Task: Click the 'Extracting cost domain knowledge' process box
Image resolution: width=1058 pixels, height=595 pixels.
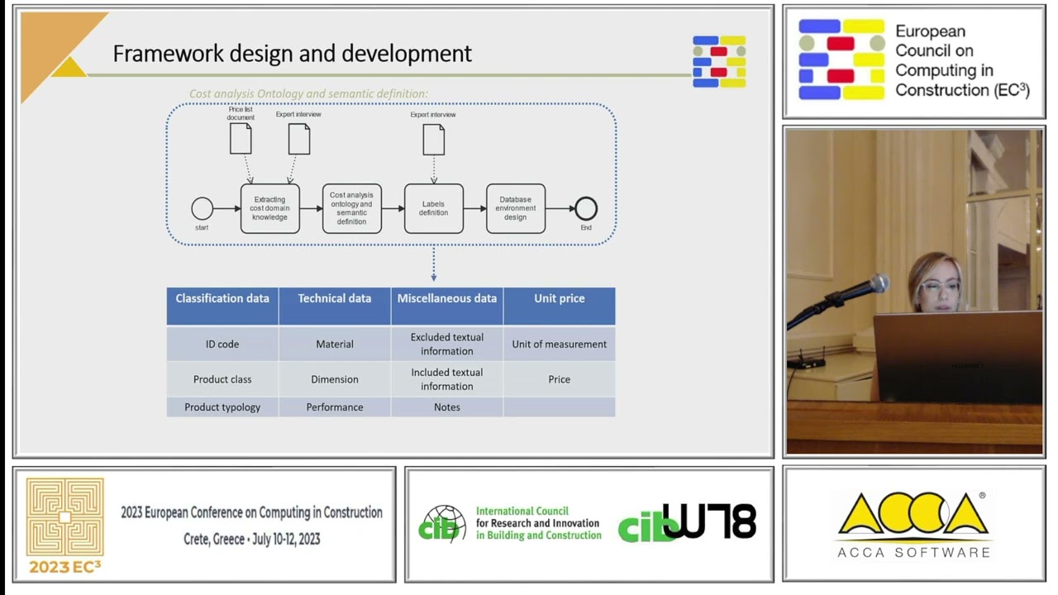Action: [x=269, y=208]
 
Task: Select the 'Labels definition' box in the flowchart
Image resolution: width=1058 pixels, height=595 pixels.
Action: [x=433, y=208]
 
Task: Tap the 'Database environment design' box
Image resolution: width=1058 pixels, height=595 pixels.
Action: [x=515, y=208]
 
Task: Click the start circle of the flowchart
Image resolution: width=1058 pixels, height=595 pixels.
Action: [x=202, y=208]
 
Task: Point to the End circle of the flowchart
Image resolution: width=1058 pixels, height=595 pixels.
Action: [x=585, y=208]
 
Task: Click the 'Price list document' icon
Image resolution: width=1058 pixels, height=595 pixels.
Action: [x=241, y=138]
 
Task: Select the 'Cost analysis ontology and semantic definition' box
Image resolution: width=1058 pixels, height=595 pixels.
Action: [x=351, y=208]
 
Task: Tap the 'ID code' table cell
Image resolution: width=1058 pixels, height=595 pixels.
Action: [x=222, y=344]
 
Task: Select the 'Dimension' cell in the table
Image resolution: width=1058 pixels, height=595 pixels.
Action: [x=335, y=379]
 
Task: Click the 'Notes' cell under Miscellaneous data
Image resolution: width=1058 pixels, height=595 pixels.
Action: [x=446, y=407]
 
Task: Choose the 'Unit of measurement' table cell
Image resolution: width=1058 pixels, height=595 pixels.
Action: [x=559, y=344]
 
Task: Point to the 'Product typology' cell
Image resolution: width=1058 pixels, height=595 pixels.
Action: [x=222, y=407]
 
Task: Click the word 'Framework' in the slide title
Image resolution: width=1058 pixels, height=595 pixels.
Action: [x=156, y=54]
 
